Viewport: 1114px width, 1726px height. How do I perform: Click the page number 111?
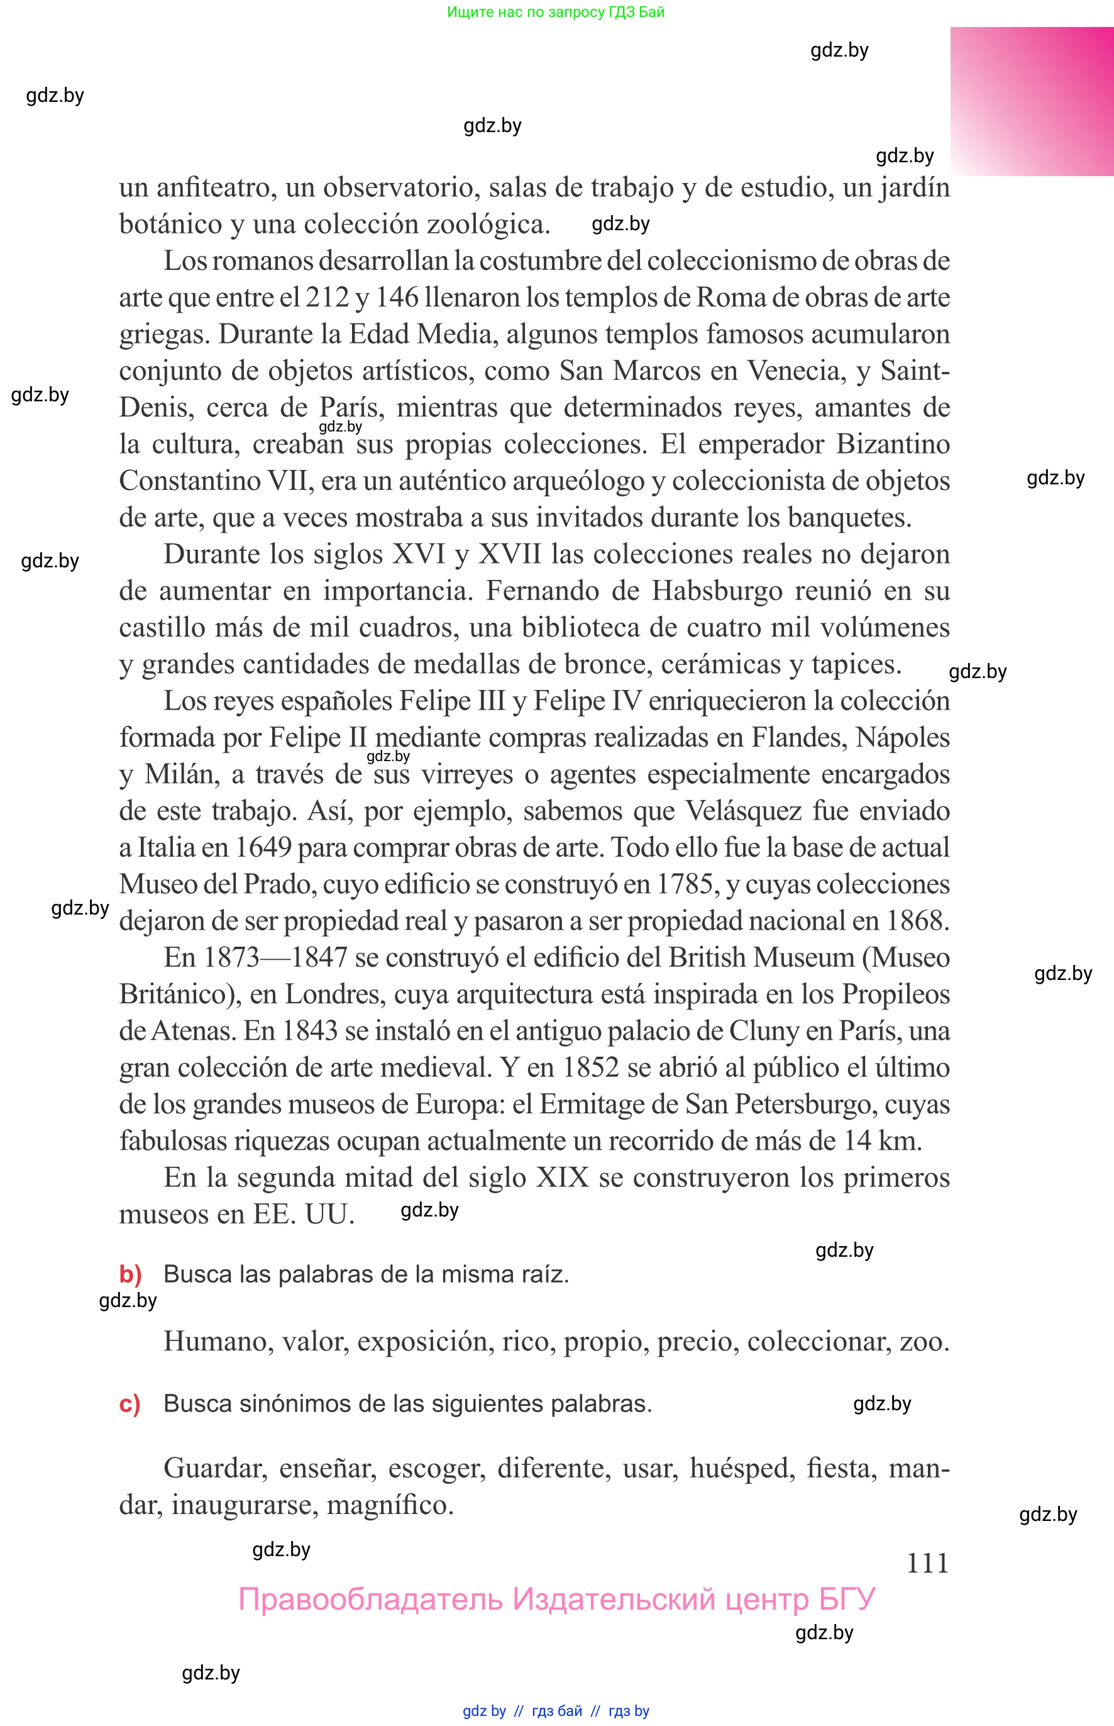(927, 1562)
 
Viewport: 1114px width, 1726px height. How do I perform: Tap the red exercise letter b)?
(130, 1274)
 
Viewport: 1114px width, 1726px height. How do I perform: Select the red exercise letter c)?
(130, 1403)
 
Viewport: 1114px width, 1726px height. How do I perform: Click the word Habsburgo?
(717, 591)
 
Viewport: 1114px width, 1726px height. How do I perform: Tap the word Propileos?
(896, 994)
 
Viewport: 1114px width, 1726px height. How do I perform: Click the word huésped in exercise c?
(741, 1468)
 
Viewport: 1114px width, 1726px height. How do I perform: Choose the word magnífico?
(390, 1505)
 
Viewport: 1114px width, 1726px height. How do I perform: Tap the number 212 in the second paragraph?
(327, 298)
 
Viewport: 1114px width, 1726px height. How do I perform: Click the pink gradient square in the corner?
(1032, 101)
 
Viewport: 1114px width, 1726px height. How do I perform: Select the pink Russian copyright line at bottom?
(557, 1599)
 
